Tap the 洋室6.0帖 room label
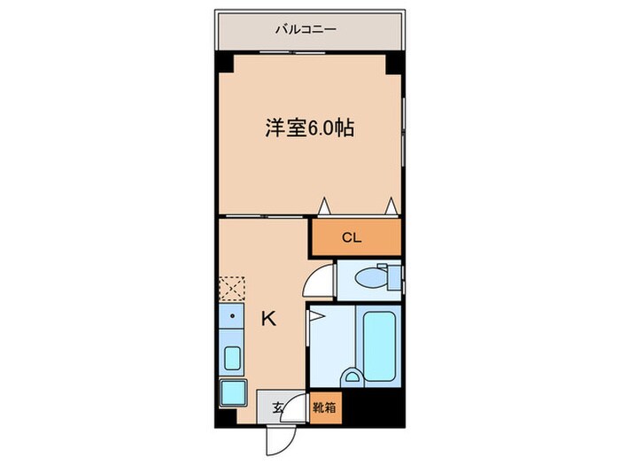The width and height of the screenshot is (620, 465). (x=310, y=128)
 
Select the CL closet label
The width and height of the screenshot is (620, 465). (x=353, y=237)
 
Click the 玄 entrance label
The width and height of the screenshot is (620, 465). (x=277, y=408)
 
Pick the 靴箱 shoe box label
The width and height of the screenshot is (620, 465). (x=324, y=408)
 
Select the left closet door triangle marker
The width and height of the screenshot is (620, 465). (x=325, y=206)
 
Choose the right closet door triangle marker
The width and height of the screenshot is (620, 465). (x=390, y=206)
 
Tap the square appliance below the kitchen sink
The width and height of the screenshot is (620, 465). (x=232, y=391)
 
